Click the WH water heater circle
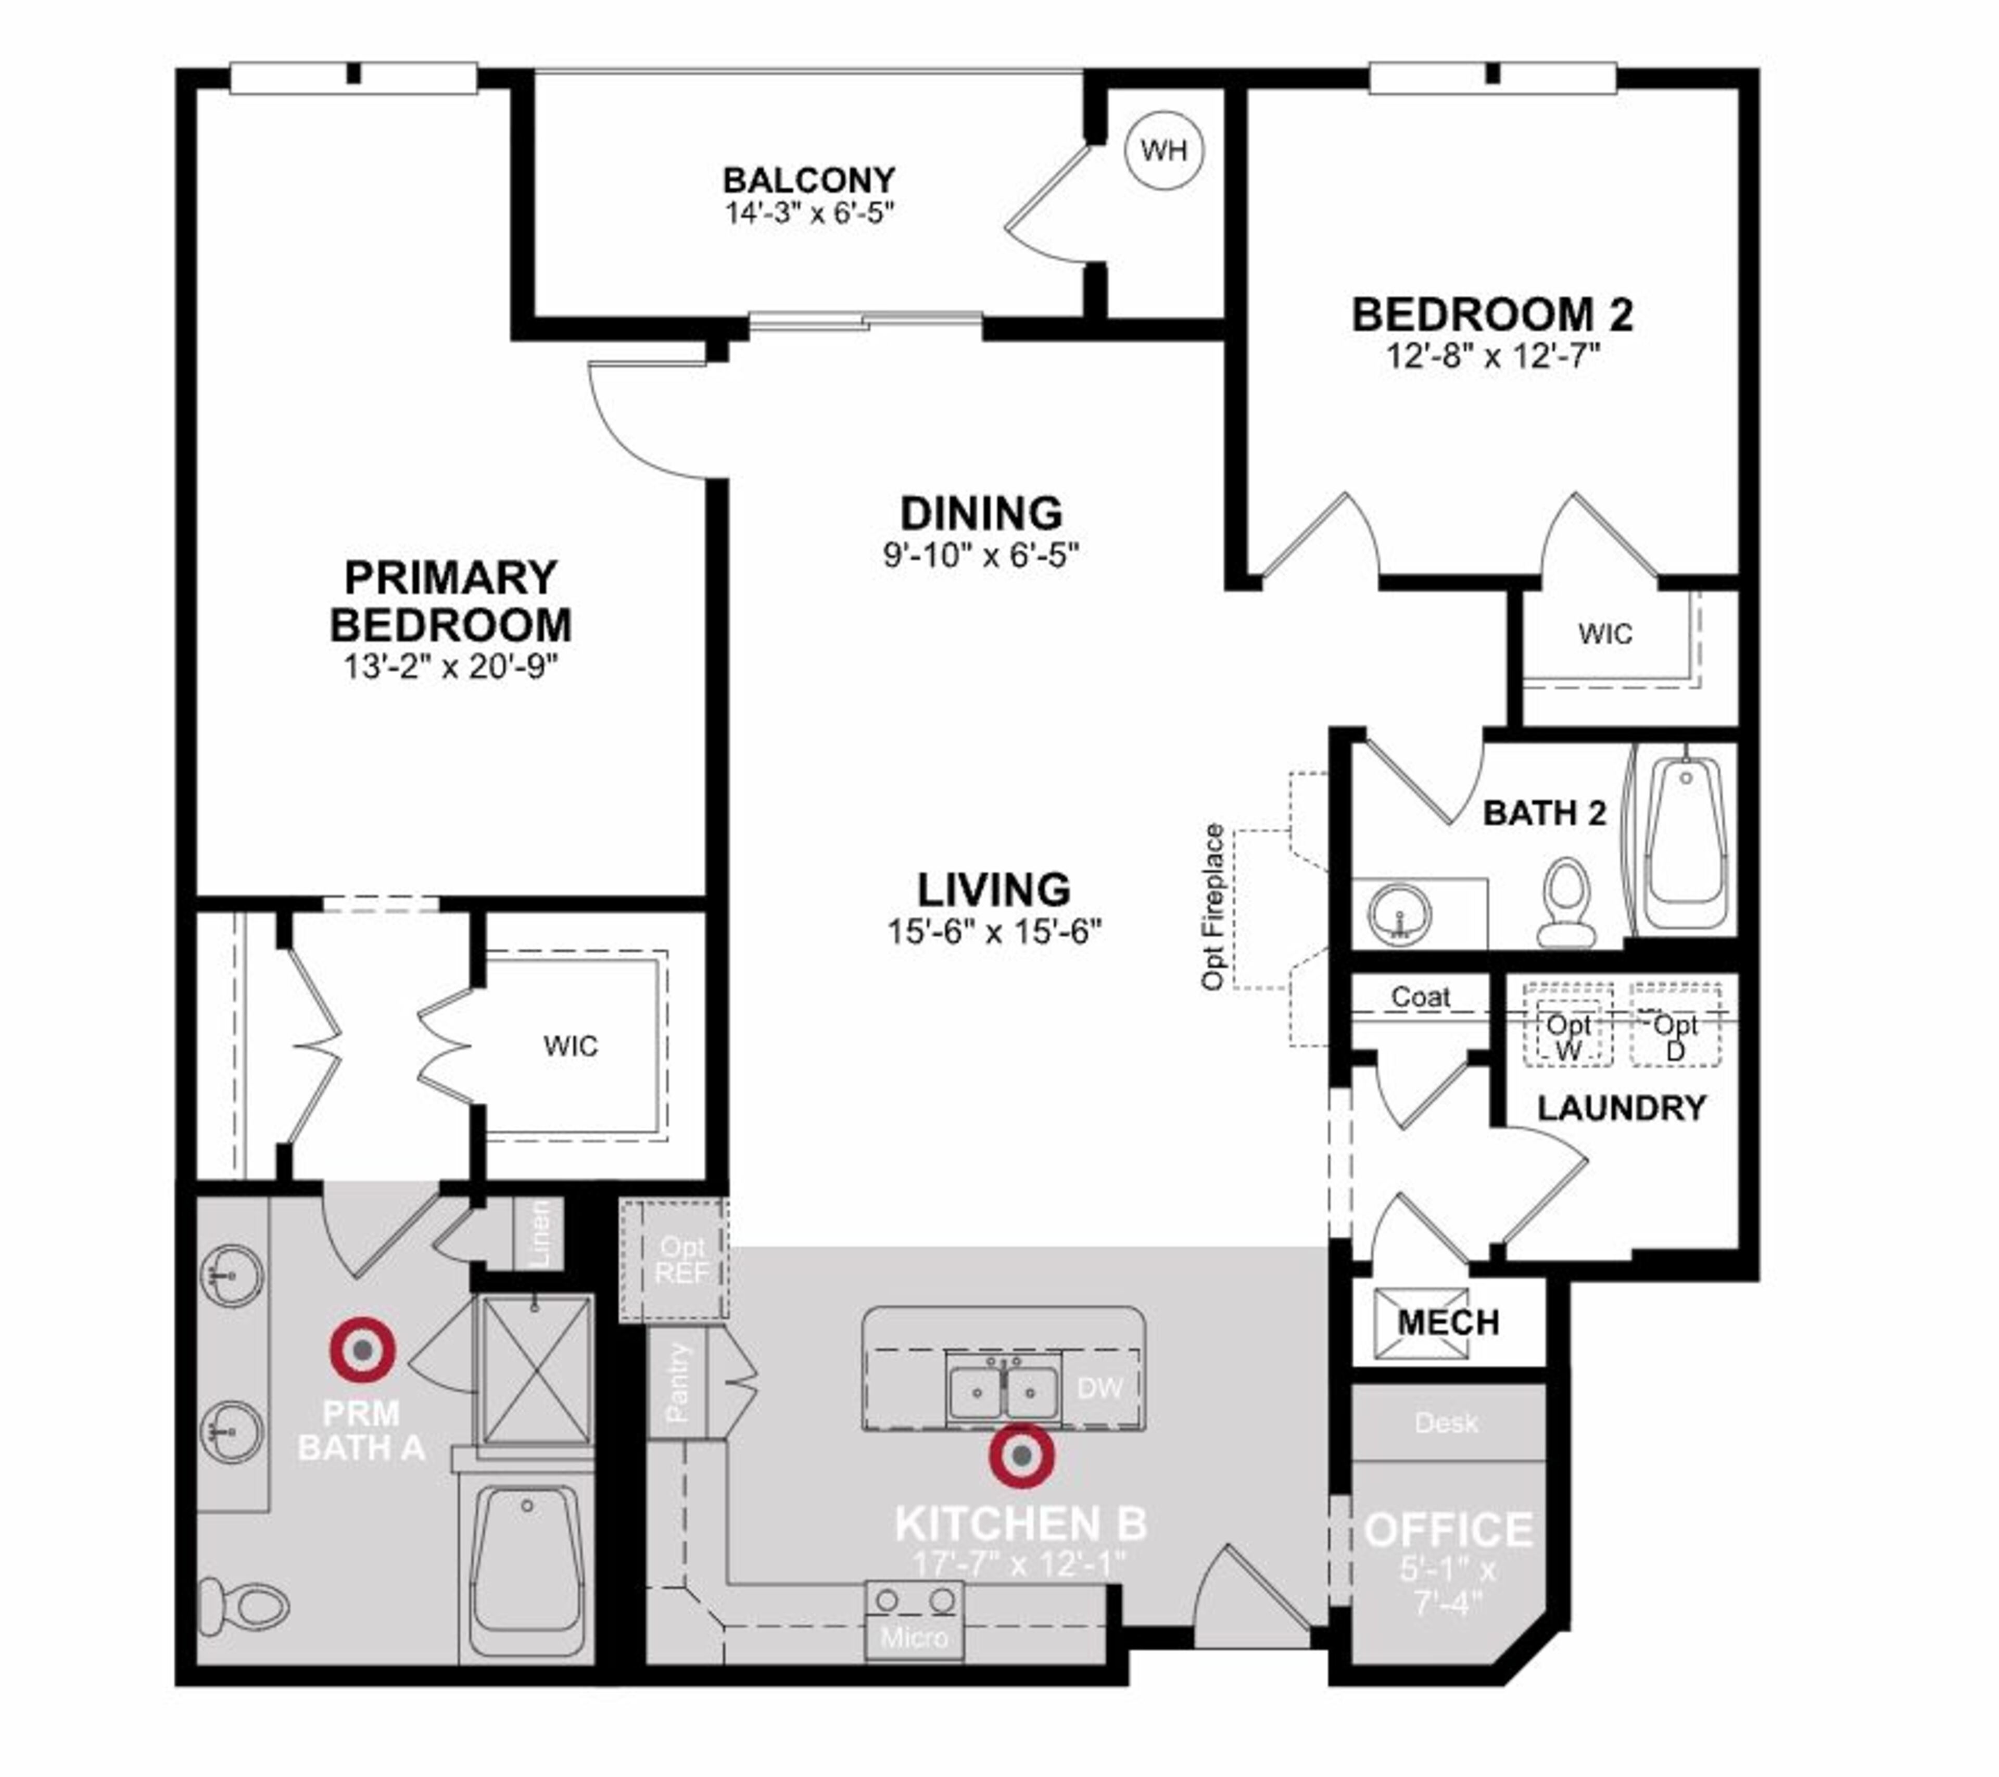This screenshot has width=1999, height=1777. click(x=1164, y=150)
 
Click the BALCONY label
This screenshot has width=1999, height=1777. click(x=809, y=180)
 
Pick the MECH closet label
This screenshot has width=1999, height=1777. click(x=1448, y=1323)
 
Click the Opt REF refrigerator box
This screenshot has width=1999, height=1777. click(x=681, y=1259)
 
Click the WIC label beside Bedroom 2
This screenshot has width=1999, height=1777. click(x=1605, y=634)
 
